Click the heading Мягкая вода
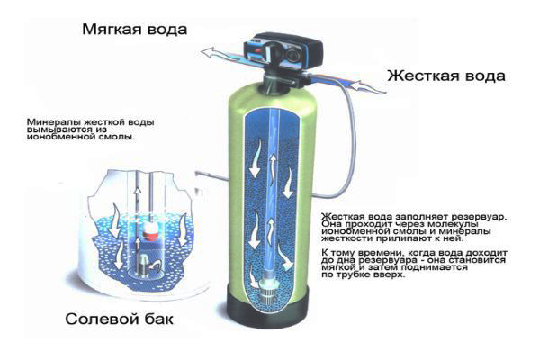135,29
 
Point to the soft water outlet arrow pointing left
211,52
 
